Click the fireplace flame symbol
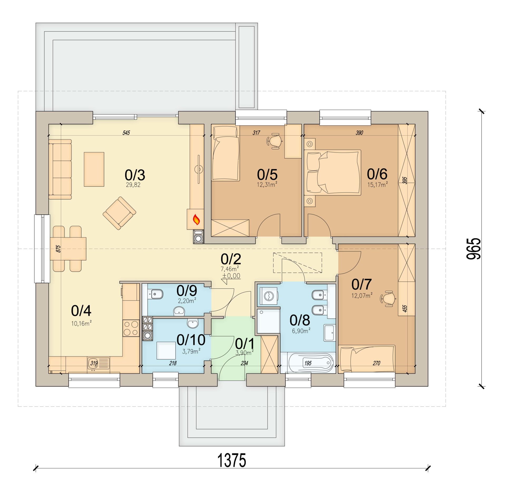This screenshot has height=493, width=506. tap(196, 219)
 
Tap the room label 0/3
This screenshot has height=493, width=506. tap(135, 175)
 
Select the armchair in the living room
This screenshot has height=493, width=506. tap(119, 213)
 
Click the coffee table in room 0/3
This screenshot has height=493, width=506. tap(94, 169)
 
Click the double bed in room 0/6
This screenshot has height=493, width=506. tap(332, 172)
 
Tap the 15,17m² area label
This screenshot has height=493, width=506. tap(377, 184)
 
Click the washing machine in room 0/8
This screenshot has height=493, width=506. tap(269, 296)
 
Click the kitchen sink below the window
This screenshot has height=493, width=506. tap(98, 364)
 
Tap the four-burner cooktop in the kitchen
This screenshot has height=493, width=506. tap(131, 328)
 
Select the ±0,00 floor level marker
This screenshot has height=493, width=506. tap(231, 276)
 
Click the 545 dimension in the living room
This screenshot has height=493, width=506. tap(126, 133)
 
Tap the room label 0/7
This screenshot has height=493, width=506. tap(361, 284)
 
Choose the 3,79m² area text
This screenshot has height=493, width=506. tap(191, 351)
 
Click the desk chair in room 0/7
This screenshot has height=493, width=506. tap(388, 299)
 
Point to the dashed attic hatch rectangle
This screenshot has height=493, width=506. tap(298, 263)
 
